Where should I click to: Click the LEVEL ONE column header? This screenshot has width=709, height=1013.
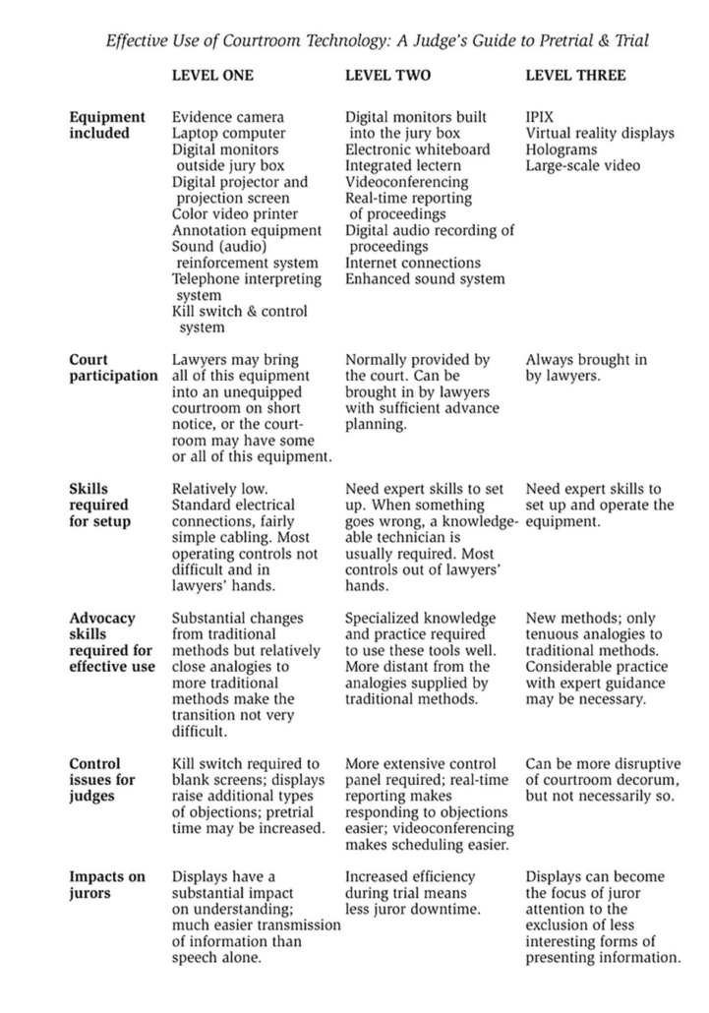212,75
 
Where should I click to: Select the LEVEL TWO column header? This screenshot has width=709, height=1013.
387,75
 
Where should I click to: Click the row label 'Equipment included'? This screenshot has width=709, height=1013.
106,125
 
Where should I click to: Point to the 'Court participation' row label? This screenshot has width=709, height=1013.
113,368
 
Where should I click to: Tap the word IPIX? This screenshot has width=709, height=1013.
540,117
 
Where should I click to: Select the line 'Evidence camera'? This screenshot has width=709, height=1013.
227,117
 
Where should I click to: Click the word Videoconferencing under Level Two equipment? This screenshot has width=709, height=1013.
406,182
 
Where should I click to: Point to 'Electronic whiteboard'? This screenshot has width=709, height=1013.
417,149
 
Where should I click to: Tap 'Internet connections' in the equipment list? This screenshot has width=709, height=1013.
413,263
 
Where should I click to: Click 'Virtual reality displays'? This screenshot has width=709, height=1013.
600,133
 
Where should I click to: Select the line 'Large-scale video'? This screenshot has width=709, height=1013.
582,165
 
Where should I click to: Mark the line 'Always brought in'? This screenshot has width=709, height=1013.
586,360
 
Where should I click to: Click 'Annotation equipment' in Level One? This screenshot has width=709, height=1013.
247,230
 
